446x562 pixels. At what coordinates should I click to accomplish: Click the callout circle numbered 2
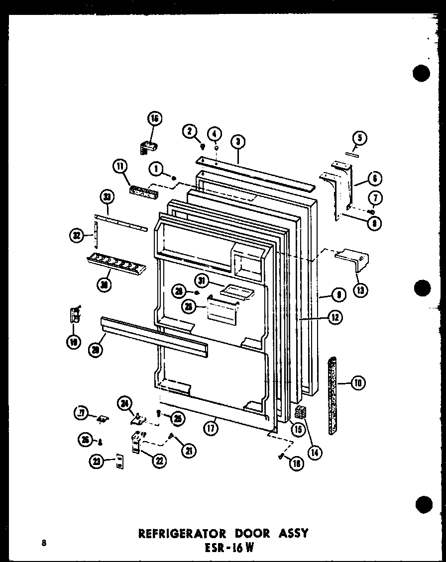[x=189, y=131]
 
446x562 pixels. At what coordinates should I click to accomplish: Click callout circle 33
[x=108, y=198]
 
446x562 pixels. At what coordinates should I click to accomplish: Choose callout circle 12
[x=334, y=316]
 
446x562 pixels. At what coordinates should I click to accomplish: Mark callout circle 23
[x=96, y=461]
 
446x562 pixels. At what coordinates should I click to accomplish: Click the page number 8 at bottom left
[x=45, y=543]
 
